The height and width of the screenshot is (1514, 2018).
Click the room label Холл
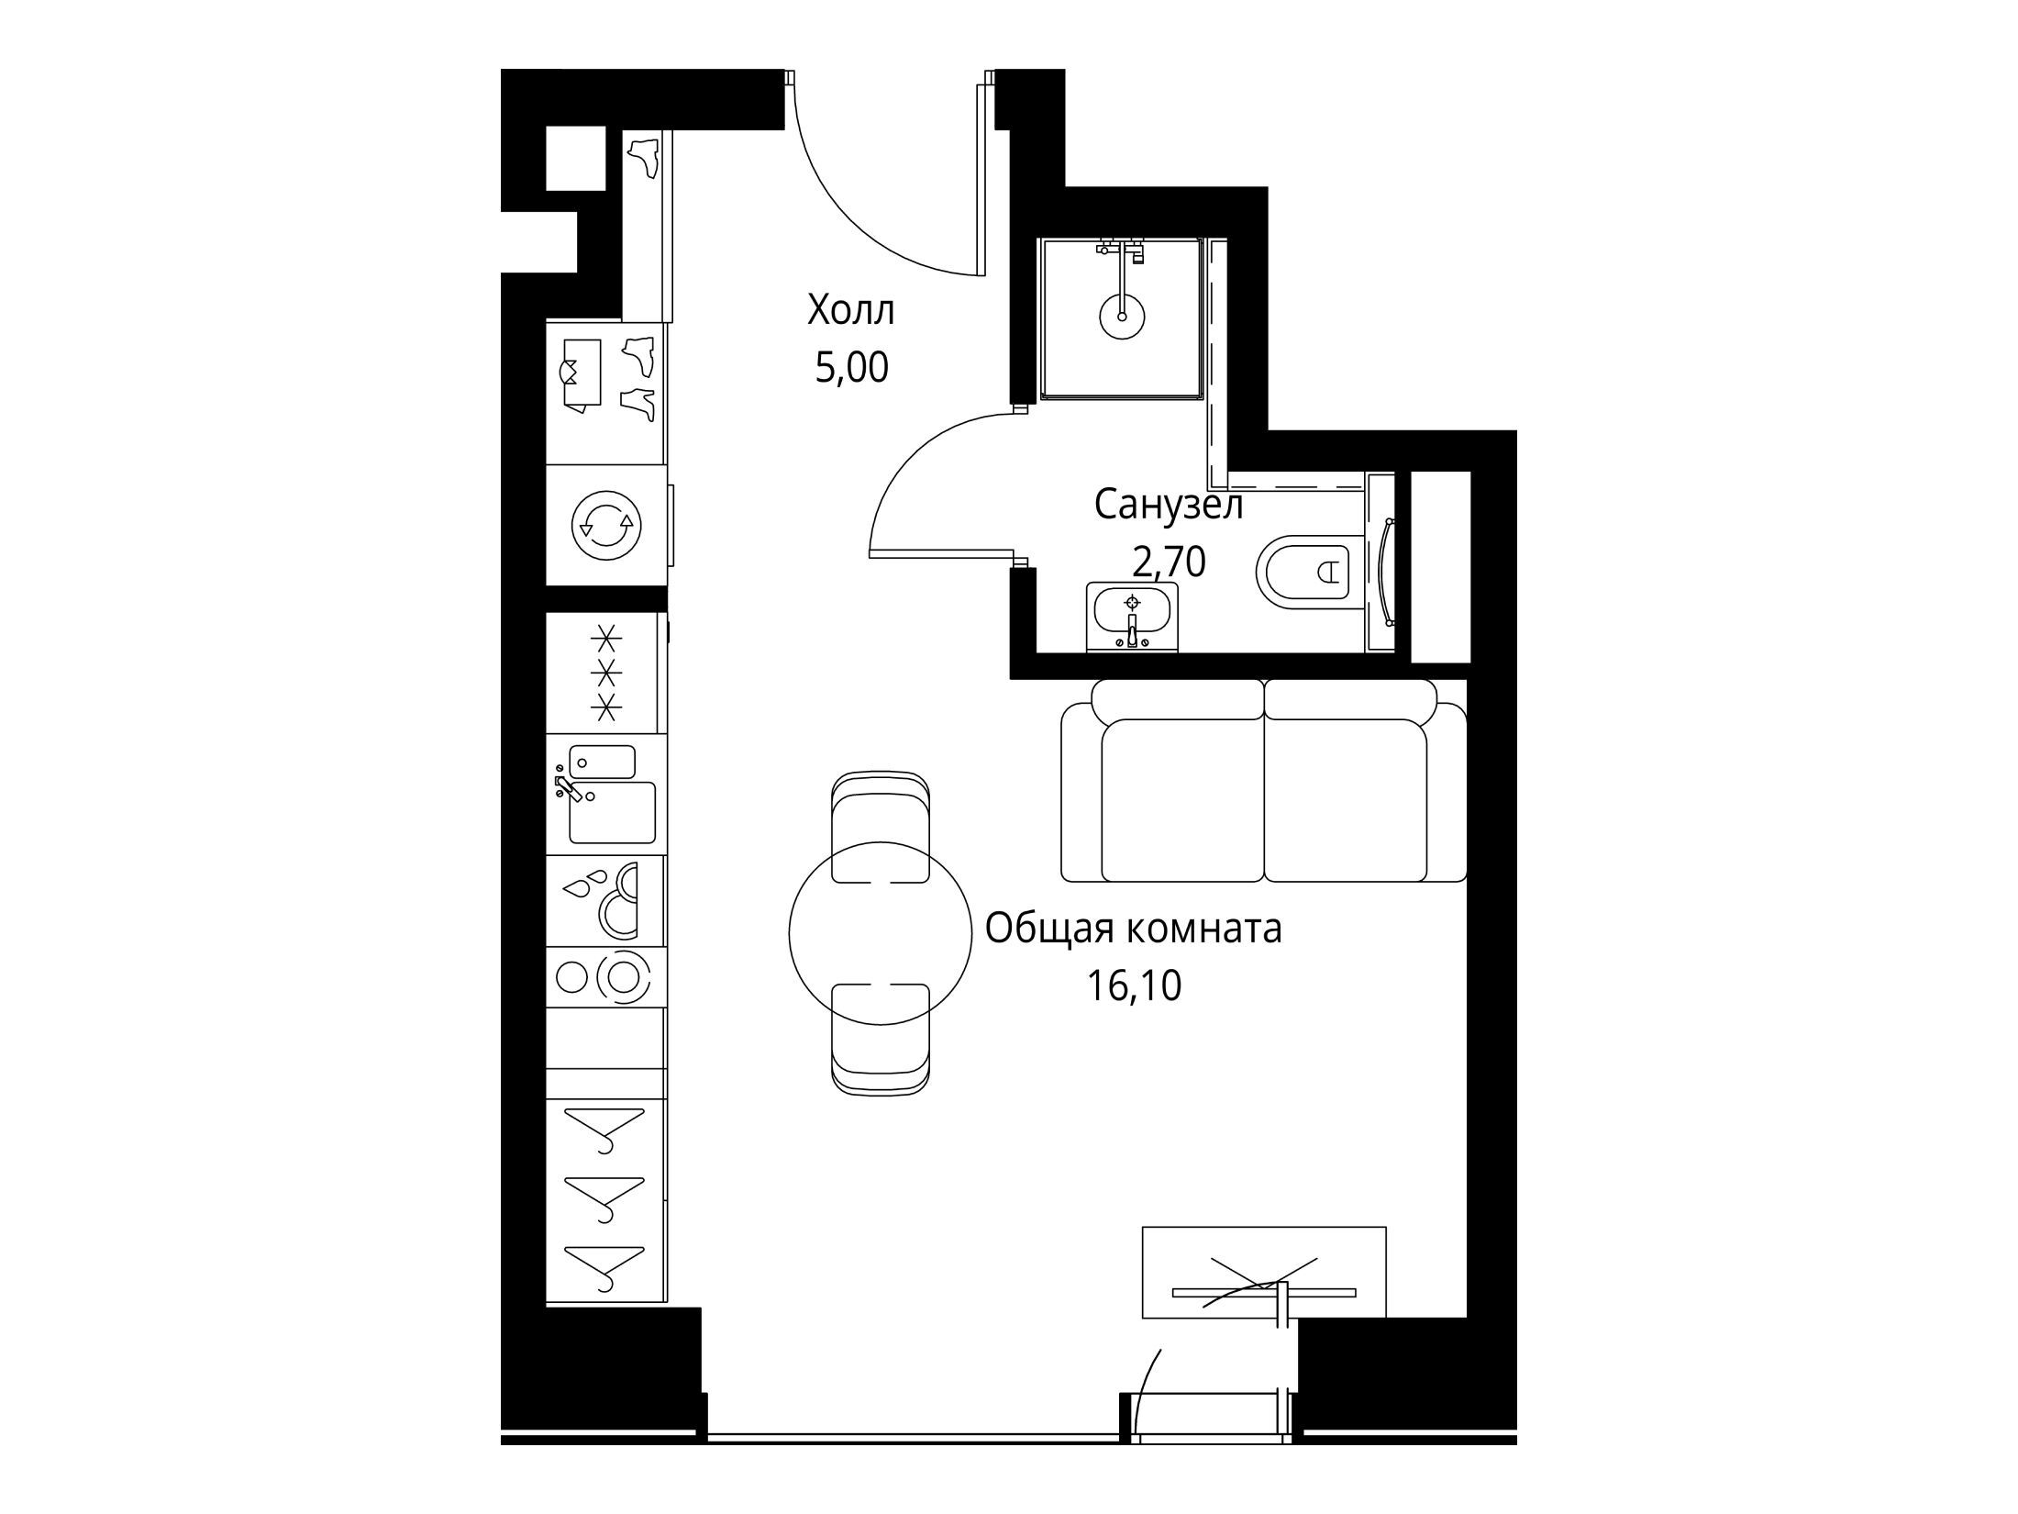click(x=850, y=311)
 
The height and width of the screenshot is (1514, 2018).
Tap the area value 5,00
click(x=851, y=368)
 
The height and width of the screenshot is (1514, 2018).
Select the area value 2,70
click(x=1169, y=562)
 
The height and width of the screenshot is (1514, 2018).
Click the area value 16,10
click(x=1134, y=985)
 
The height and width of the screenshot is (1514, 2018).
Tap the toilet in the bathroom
click(x=1303, y=573)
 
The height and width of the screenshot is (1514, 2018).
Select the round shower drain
click(x=1122, y=317)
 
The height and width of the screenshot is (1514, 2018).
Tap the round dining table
click(x=881, y=931)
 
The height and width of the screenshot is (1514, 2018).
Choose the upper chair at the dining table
click(x=881, y=826)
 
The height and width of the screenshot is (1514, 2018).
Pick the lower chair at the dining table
click(x=881, y=1038)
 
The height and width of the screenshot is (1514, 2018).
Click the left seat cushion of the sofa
click(x=1181, y=800)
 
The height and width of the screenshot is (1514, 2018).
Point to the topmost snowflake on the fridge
click(x=604, y=636)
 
